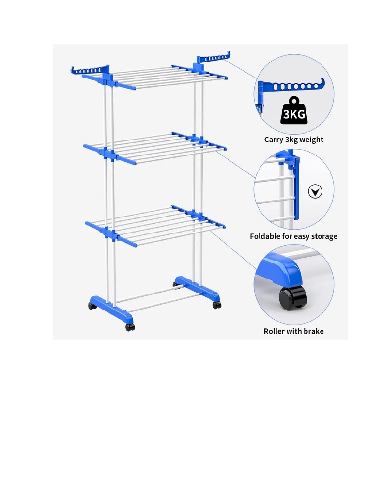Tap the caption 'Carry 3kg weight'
point(294,139)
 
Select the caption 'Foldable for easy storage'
point(293,236)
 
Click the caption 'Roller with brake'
point(294,331)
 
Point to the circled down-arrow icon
point(315,192)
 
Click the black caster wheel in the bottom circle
point(293,297)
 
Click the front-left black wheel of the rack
point(130,327)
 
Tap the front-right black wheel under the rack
point(216,305)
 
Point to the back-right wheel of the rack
point(176,285)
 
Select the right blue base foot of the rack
point(197,289)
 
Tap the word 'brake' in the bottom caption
point(313,331)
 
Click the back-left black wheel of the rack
point(92,306)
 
